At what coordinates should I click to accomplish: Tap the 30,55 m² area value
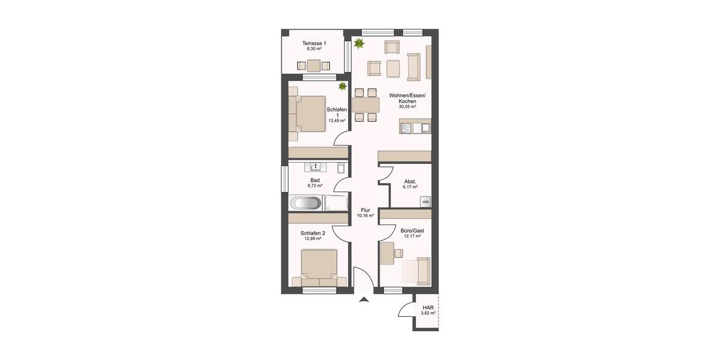(x=407, y=107)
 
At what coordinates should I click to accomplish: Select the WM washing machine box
(x=425, y=202)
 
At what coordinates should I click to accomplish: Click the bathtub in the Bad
(x=306, y=203)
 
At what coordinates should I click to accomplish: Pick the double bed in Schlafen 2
(x=319, y=267)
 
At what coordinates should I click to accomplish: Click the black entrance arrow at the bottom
(x=363, y=298)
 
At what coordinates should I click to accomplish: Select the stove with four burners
(x=406, y=127)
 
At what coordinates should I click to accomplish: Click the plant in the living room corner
(x=359, y=43)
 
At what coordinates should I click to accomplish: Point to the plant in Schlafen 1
(x=343, y=87)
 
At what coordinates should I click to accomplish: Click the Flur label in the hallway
(x=365, y=210)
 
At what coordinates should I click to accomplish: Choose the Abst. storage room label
(x=410, y=182)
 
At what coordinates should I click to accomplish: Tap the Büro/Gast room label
(x=412, y=230)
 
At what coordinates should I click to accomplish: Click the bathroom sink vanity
(x=315, y=166)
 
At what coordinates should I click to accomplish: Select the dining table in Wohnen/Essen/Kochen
(x=365, y=106)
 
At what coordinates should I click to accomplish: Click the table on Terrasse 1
(x=313, y=65)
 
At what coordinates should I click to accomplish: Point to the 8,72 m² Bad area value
(x=314, y=186)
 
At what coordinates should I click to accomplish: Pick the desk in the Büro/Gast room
(x=386, y=252)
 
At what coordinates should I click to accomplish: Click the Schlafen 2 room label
(x=313, y=233)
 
